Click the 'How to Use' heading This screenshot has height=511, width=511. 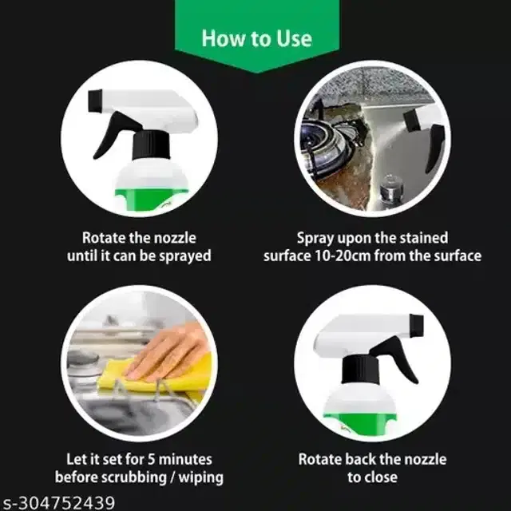tap(257, 38)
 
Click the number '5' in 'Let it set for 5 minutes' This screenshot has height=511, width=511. tap(152, 460)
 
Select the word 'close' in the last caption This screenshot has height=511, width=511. tap(381, 477)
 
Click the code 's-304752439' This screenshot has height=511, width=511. tap(59, 503)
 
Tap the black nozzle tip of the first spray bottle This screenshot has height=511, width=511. tap(95, 101)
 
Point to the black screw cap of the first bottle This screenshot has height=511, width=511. tap(151, 145)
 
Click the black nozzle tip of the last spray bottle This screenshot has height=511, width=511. tap(417, 326)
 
